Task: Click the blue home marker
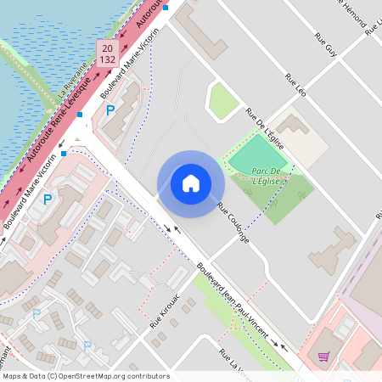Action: coord(191,183)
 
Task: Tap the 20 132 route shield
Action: coord(107,53)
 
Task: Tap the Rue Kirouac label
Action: coord(166,312)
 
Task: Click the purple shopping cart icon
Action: coord(323,357)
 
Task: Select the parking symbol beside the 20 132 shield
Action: coord(110,110)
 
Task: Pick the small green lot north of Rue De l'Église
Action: coord(223,102)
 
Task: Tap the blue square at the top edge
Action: coord(166,8)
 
